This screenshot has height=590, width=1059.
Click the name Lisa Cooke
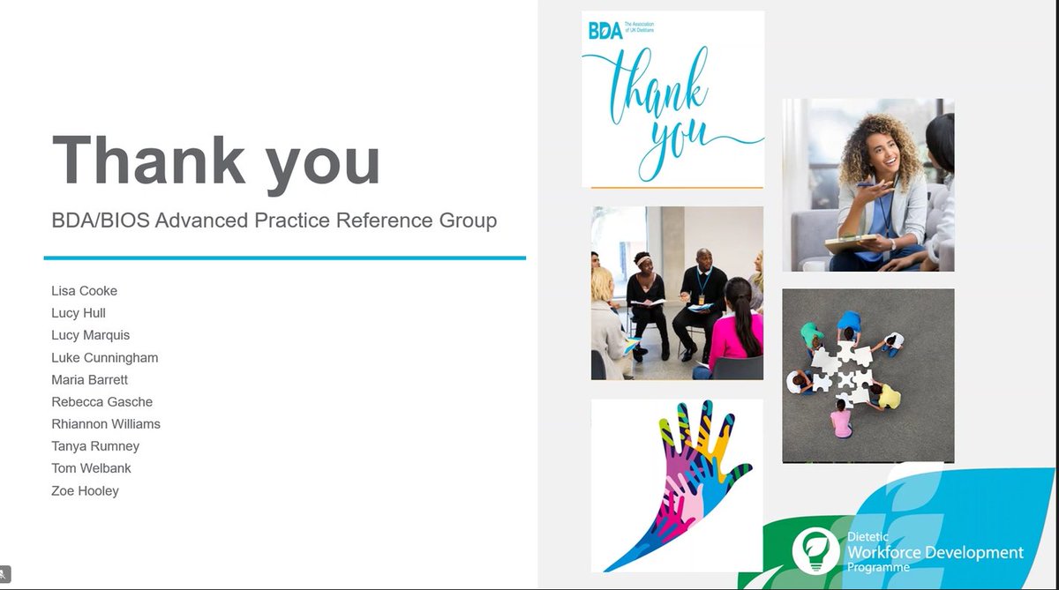(84, 291)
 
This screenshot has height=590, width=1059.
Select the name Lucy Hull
(79, 313)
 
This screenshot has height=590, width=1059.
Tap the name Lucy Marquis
(90, 335)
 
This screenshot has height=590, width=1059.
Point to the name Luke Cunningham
(104, 357)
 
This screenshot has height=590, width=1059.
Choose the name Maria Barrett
(89, 379)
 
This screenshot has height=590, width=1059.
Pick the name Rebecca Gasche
(101, 402)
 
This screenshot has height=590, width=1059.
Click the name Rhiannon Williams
(106, 424)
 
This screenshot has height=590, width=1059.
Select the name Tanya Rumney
(95, 446)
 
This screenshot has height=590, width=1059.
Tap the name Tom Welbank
(91, 468)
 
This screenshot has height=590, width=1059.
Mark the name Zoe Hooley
(85, 490)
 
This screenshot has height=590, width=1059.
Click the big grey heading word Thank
(147, 160)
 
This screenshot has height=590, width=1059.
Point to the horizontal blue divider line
(284, 258)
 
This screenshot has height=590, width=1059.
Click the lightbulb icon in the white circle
(815, 550)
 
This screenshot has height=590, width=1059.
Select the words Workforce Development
(935, 553)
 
